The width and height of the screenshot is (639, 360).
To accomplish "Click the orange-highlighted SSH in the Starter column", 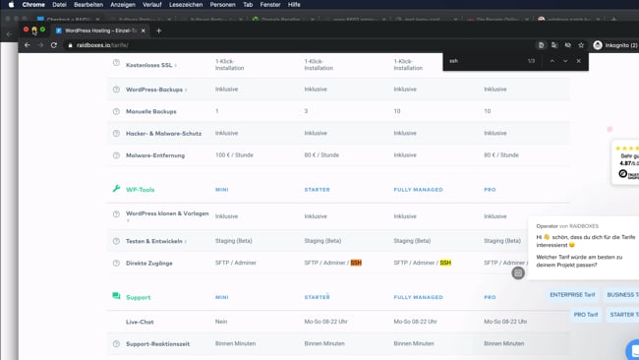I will tap(356, 263).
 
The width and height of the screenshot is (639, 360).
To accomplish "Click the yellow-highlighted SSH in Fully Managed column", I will tap(445, 263).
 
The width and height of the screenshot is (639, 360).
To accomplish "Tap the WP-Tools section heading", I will tap(140, 189).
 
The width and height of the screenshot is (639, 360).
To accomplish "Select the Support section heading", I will tap(138, 296).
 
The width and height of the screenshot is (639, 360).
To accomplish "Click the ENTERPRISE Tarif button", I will tap(572, 294).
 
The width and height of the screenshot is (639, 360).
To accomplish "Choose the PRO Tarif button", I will tap(586, 315).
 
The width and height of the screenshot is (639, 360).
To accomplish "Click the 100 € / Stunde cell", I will tap(234, 154).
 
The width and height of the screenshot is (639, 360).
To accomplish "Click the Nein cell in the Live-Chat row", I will tap(221, 322).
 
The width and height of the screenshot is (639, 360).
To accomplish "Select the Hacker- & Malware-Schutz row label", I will tap(163, 133).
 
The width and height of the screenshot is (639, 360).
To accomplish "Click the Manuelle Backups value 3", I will tap(307, 111).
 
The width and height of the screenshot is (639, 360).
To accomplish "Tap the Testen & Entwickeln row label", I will tap(154, 241).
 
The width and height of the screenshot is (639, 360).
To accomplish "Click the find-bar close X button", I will tap(578, 61).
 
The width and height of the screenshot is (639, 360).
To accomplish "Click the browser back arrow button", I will tap(27, 45).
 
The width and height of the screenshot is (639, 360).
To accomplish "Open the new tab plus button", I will tap(158, 30).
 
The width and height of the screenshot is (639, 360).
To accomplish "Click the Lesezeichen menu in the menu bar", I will tap(185, 4).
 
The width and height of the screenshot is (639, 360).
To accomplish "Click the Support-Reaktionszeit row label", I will tap(157, 343).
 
